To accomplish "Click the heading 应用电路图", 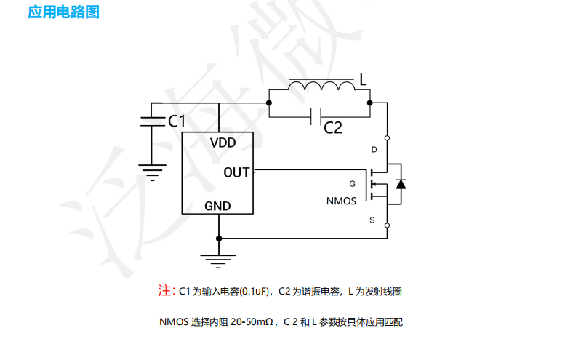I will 63,12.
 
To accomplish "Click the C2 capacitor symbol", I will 316,116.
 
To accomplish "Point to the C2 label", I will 333,129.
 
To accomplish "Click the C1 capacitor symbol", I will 151,121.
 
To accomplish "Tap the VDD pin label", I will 223,143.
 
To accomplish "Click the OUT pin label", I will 236,172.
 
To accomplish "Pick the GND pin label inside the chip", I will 217,206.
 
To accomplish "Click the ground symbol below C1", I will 151,172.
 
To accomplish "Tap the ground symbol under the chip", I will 218,259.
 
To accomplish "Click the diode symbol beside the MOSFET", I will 400,183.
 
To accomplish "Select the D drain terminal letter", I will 374,151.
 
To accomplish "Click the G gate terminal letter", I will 353,184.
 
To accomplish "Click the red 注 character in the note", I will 164,291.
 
